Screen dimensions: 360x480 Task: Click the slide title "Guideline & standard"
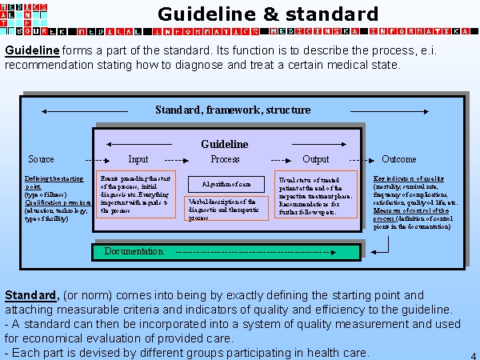[267, 14]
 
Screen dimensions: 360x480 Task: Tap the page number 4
[473, 354]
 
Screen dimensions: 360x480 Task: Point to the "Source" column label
[42, 159]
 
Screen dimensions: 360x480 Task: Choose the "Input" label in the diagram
[138, 159]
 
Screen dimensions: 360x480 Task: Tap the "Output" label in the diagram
[316, 159]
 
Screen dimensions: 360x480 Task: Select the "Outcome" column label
[399, 159]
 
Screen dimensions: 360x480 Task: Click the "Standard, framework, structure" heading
[233, 110]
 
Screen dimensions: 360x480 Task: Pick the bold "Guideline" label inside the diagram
[224, 144]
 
